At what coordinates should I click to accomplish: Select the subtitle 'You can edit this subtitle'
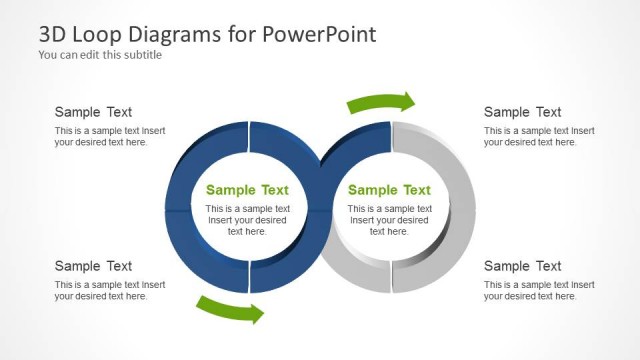100,55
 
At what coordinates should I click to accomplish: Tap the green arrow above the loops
381,102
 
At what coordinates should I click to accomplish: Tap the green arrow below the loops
231,309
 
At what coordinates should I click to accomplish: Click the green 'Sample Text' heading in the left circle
247,190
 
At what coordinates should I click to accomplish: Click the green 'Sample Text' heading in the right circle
389,190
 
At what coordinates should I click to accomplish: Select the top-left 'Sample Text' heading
93,112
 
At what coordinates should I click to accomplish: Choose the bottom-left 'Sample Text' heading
93,266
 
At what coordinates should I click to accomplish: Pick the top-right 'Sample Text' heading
523,112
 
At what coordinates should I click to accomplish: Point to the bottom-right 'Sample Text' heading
523,266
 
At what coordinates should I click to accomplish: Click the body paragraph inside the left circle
247,220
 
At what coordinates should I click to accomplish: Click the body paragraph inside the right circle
389,220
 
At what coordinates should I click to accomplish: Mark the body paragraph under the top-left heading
110,137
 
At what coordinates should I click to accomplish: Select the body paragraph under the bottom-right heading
539,291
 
